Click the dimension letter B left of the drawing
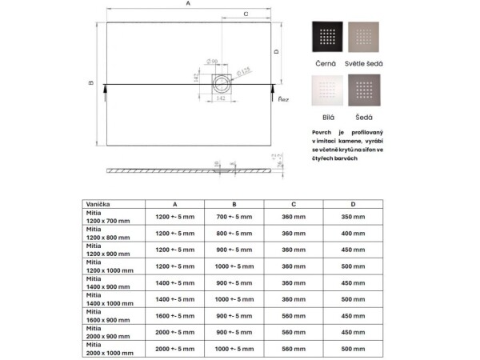tap(91, 82)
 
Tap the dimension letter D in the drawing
tap(275, 51)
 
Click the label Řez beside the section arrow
tap(282, 100)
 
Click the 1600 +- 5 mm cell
tap(174, 315)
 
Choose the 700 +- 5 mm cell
tap(234, 216)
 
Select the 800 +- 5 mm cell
tap(234, 233)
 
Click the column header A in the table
tap(174, 204)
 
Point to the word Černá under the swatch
tap(325, 62)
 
